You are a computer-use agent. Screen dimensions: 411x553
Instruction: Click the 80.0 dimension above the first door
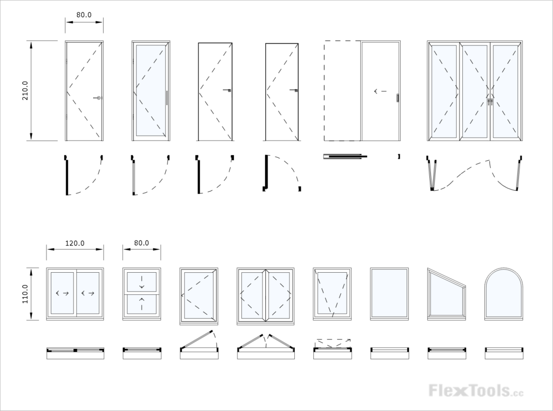[x=84, y=15]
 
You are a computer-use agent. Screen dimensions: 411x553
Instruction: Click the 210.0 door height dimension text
[x=25, y=91]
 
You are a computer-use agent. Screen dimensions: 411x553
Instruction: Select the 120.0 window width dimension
[x=75, y=243]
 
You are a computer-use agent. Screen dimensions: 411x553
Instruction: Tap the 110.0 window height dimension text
[x=25, y=294]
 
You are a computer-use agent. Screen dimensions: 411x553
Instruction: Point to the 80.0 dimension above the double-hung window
[x=141, y=243]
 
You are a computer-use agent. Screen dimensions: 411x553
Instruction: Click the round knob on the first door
[x=98, y=98]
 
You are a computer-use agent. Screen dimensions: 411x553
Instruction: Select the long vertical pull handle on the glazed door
[x=167, y=98]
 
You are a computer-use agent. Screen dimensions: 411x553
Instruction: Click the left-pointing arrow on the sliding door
[x=380, y=91]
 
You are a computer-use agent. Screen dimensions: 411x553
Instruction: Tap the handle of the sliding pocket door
[x=397, y=98]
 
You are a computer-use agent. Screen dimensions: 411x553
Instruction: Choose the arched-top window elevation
[x=503, y=294]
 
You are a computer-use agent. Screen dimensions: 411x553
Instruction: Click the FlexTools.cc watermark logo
[x=475, y=390]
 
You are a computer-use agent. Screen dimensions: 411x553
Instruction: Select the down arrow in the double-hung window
[x=141, y=286]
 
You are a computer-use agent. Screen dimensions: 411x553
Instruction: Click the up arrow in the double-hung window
[x=141, y=300]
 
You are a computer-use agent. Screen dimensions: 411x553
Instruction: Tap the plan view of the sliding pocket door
[x=345, y=157]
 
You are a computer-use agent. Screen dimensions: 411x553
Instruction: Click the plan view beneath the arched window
[x=503, y=353]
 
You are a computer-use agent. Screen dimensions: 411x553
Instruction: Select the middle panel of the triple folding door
[x=475, y=91]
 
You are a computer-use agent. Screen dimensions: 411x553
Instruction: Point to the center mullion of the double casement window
[x=265, y=294]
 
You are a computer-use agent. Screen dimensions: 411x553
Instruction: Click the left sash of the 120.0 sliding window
[x=62, y=293]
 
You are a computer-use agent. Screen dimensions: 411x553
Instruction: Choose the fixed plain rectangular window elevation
[x=389, y=293]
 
